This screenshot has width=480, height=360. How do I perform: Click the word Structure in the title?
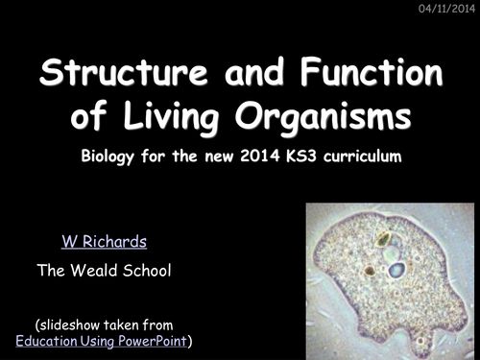tap(121, 73)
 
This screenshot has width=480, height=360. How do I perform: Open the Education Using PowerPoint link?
tap(103, 341)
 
